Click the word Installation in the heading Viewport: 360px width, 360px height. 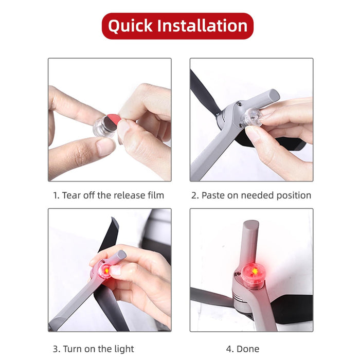205,26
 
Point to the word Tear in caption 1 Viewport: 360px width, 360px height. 73,195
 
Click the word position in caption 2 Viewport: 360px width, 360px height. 293,195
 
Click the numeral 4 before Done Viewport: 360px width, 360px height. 229,349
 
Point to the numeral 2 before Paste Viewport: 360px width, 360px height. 194,195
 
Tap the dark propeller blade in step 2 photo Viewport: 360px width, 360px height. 202,90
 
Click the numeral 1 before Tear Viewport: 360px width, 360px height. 56,195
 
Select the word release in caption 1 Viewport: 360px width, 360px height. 121,195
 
